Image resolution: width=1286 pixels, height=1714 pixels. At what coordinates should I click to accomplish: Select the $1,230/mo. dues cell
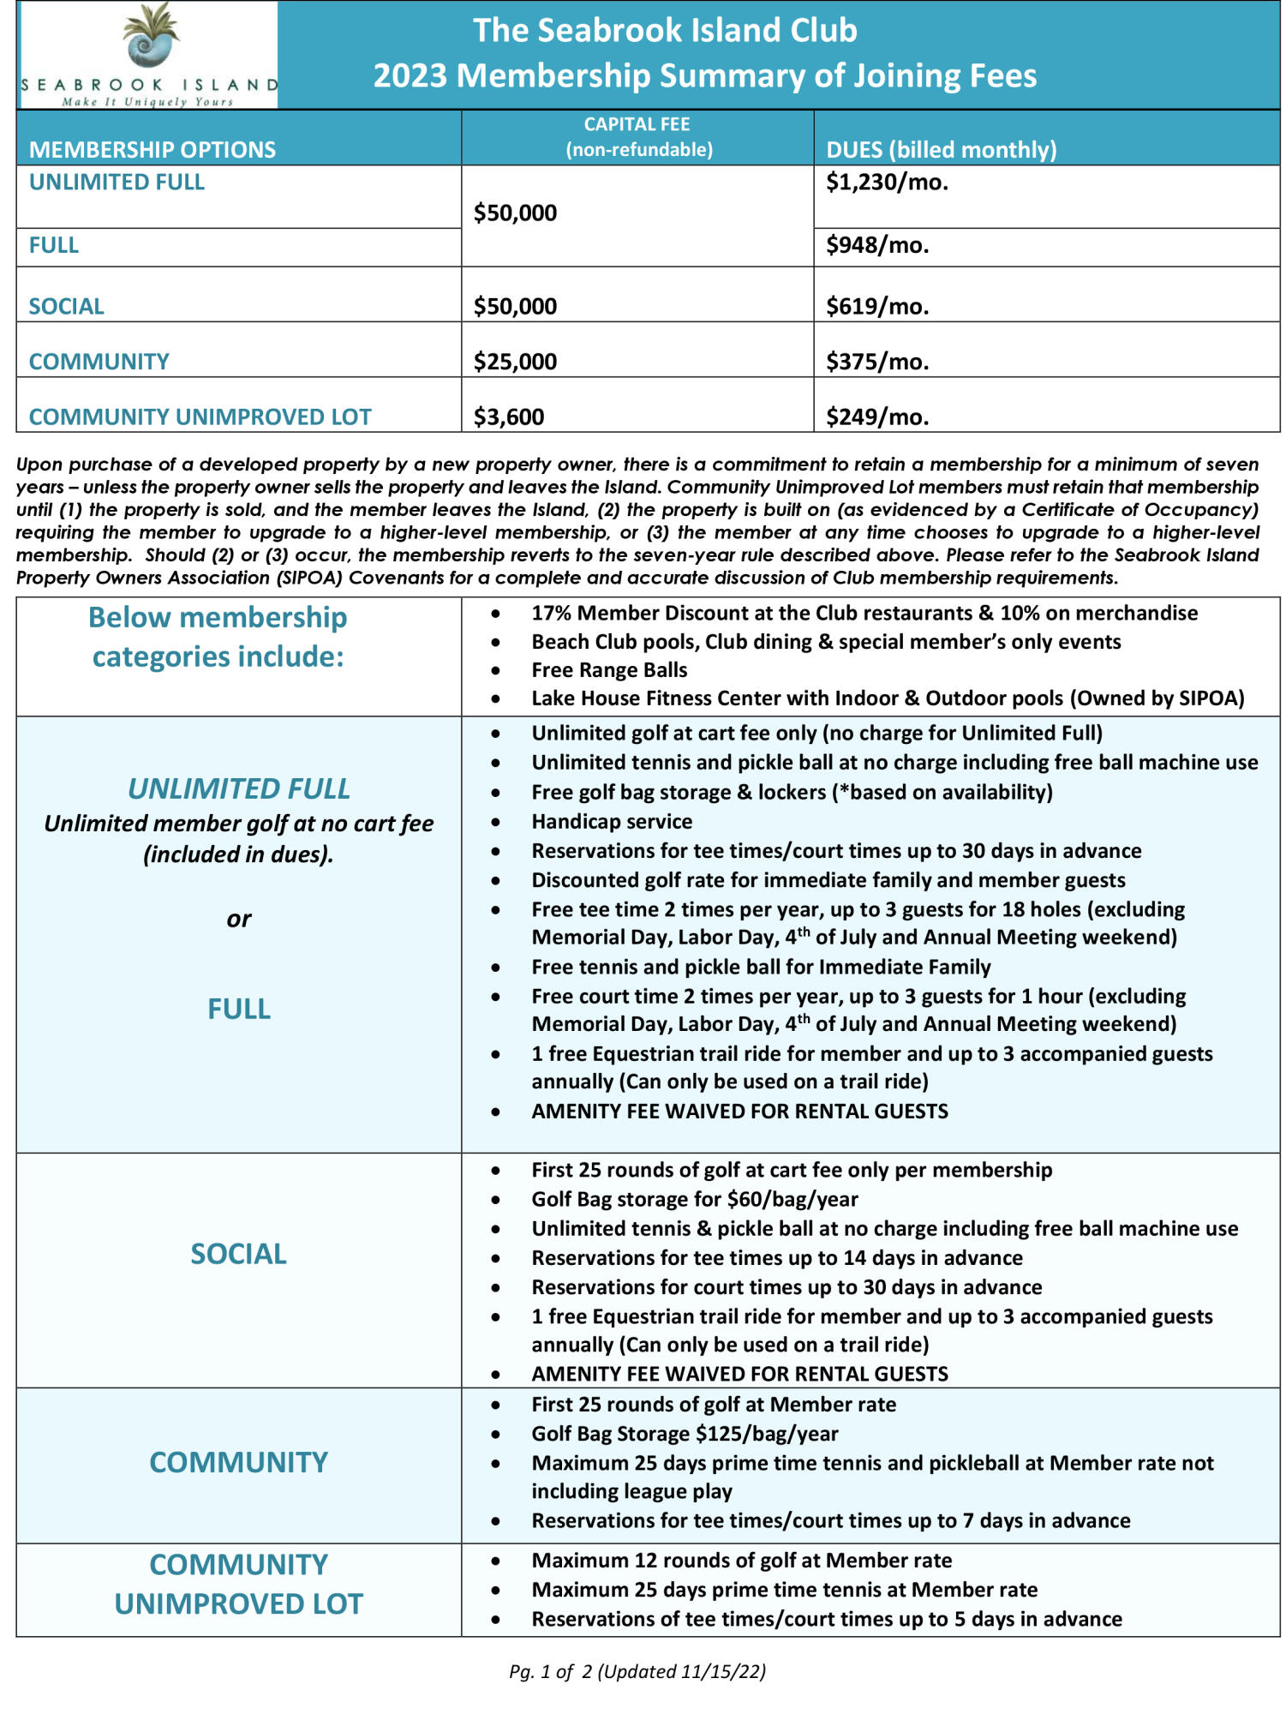pos(887,183)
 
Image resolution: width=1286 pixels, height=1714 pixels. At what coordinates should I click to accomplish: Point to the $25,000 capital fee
pos(515,362)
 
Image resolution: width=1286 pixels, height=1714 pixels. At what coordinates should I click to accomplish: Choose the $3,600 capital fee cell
pos(509,417)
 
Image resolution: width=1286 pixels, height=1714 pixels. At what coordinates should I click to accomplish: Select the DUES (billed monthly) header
pos(941,150)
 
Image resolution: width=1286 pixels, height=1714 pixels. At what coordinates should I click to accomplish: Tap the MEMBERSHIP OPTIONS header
pos(153,150)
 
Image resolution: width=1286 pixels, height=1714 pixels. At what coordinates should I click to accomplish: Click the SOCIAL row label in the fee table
pos(66,307)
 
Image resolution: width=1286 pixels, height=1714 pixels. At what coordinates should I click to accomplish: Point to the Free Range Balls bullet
pos(609,670)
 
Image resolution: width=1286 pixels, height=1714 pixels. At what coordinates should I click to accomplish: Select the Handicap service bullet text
pos(612,822)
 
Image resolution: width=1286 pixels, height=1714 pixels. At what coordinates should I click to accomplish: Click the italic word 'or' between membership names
pos(239,920)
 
